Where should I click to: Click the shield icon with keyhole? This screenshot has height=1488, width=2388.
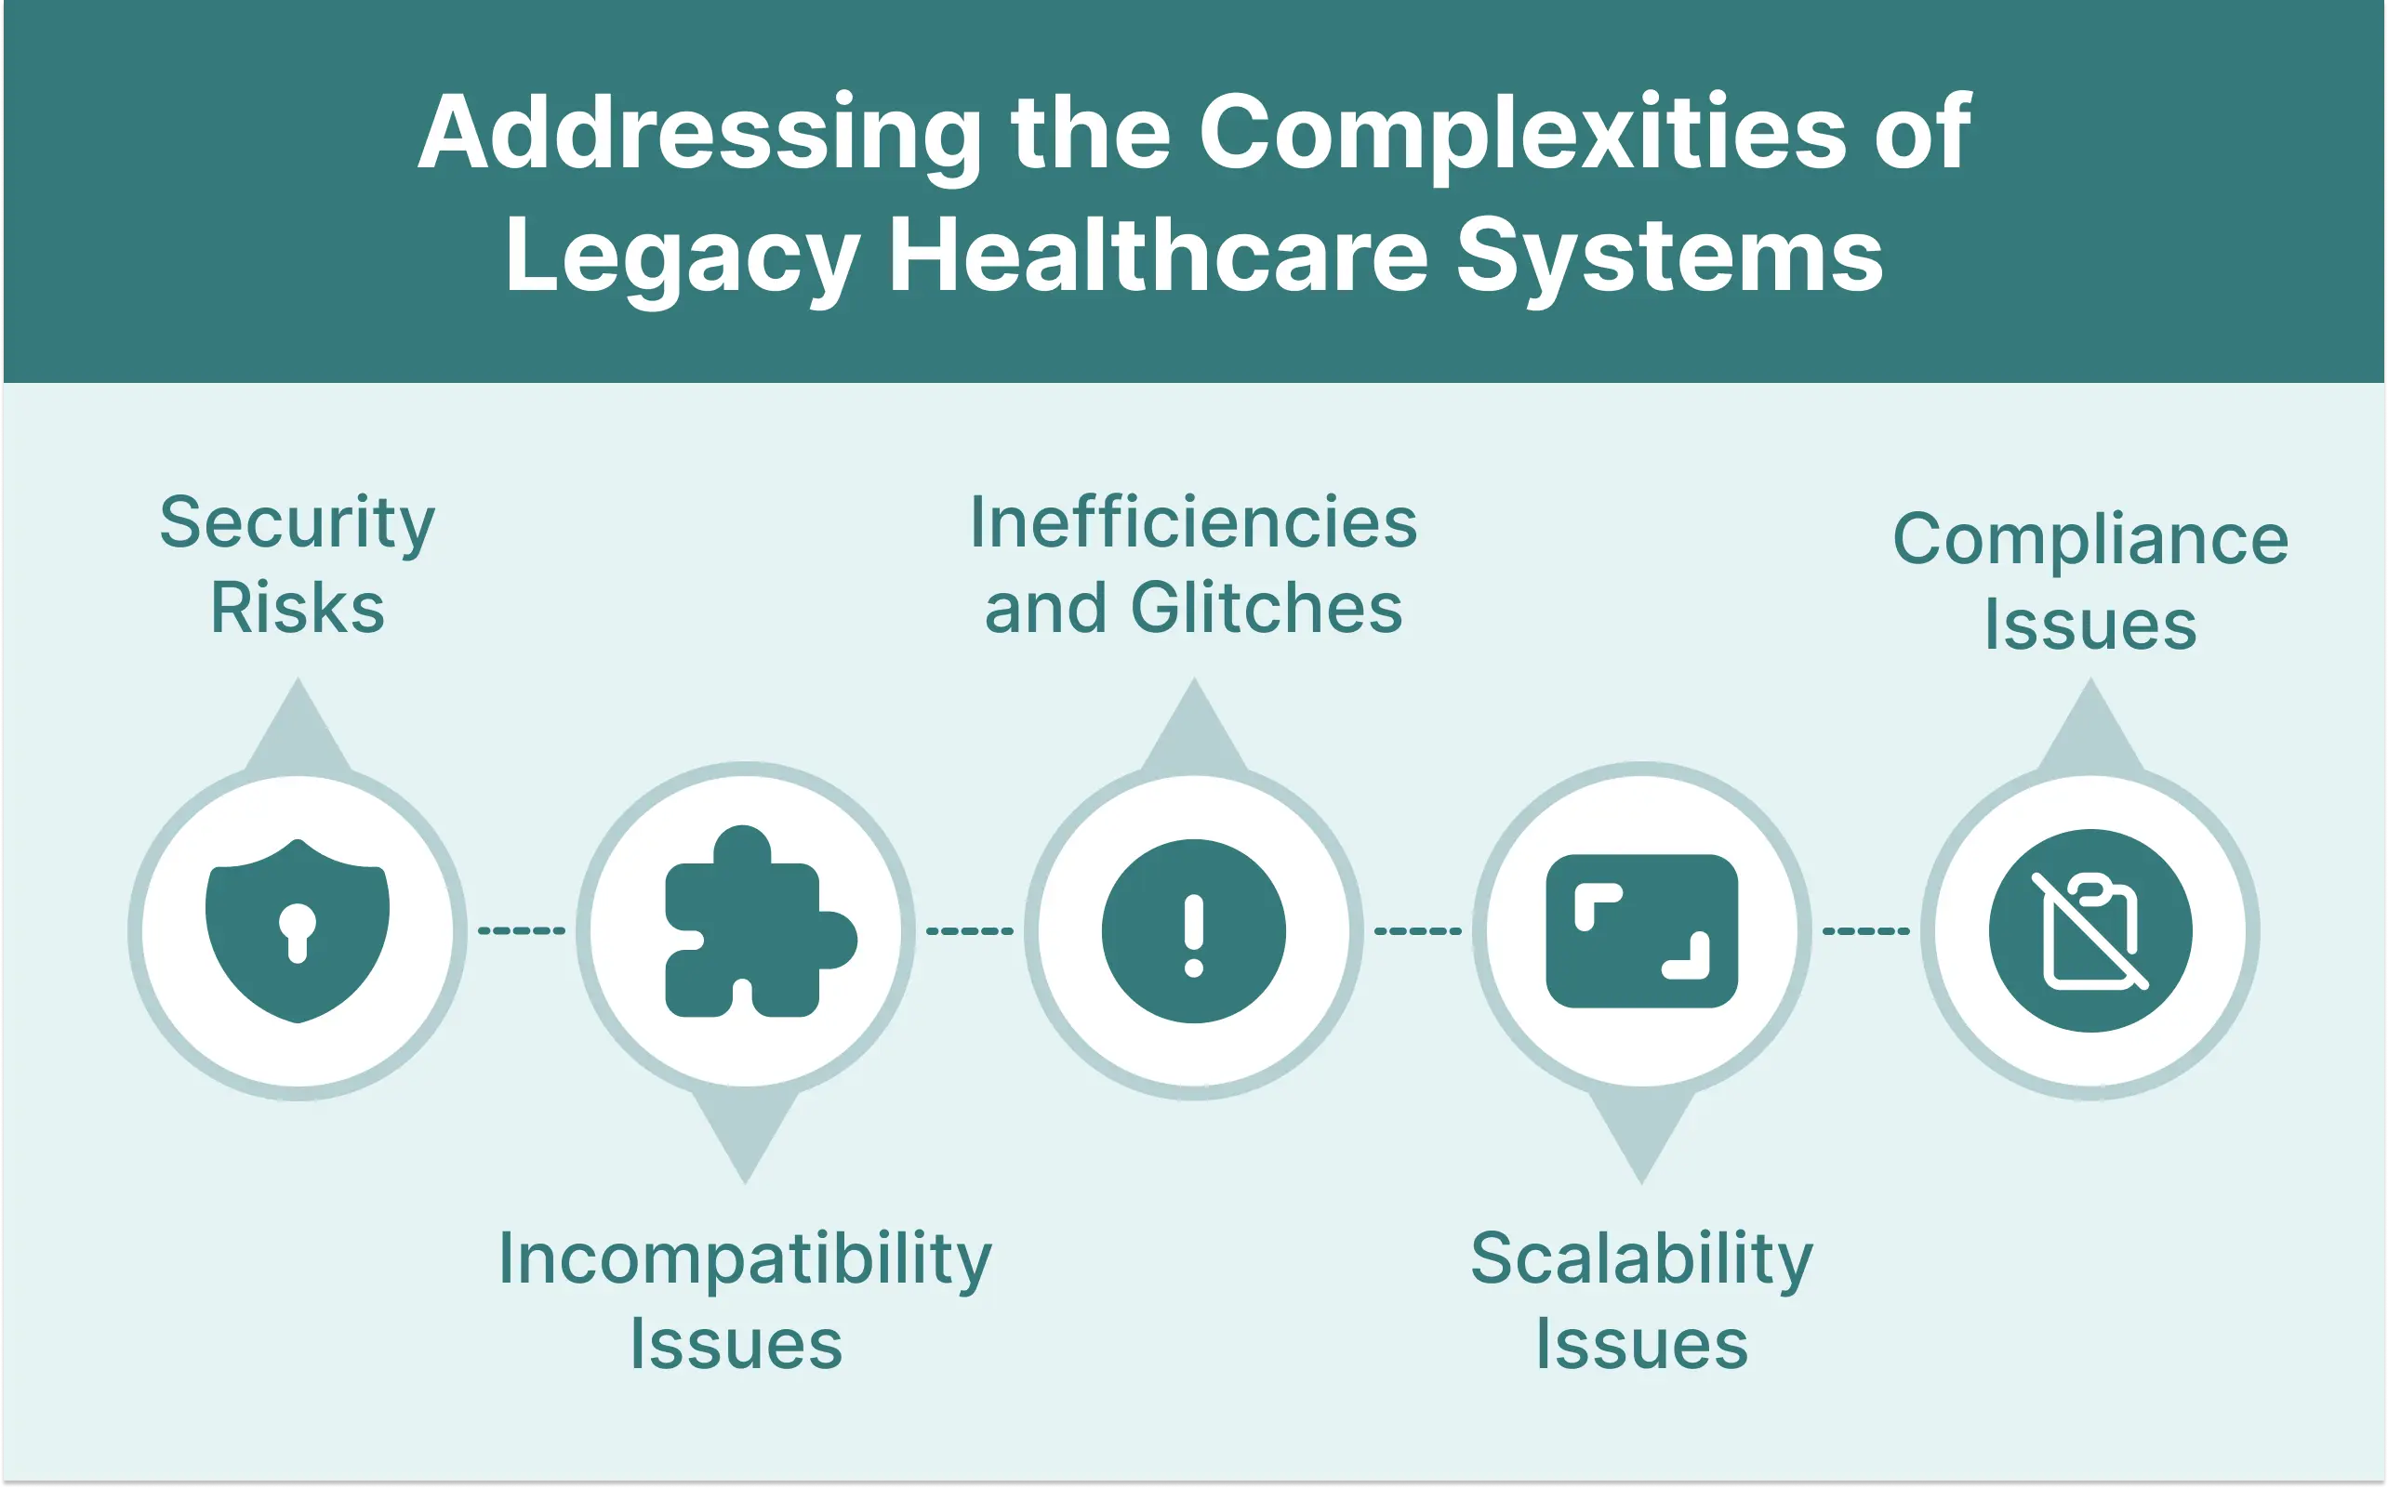point(298,931)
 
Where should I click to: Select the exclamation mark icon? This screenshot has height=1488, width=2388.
point(1194,931)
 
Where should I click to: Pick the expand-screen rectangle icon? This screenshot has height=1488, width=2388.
point(1642,931)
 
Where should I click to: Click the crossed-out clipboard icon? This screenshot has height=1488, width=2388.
point(2090,931)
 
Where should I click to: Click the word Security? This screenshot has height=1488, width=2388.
point(298,523)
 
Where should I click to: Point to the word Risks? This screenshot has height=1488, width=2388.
point(298,608)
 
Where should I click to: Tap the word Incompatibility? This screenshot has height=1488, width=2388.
point(745,1259)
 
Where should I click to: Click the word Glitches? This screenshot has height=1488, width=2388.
point(1267,608)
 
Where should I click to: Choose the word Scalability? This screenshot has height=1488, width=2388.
point(1642,1259)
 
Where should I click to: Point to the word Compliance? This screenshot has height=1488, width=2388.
point(2090,540)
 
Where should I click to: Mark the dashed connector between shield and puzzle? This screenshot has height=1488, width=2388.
point(522,931)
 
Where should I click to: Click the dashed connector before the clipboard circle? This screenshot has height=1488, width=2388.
point(1866,931)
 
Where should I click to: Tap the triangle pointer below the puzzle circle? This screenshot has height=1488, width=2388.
point(745,1132)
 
